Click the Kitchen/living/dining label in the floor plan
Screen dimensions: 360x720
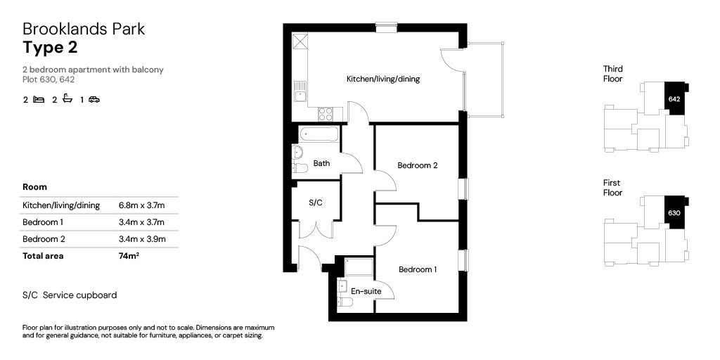382,79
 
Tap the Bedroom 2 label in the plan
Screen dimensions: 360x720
418,166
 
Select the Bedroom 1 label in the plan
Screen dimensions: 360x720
418,269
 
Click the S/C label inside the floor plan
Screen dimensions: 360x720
316,202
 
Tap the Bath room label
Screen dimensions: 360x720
321,164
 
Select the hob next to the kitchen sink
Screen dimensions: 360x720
326,113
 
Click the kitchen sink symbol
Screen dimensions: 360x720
300,91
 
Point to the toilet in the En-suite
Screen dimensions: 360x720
345,302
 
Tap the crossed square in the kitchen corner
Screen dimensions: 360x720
300,40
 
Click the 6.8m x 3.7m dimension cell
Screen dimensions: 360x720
141,205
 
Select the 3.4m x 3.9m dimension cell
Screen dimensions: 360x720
141,239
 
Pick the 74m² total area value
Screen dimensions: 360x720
129,256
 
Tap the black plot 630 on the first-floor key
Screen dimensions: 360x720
674,212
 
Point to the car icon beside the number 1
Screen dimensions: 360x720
94,100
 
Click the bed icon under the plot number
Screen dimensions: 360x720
39,100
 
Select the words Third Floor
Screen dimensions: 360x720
612,74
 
